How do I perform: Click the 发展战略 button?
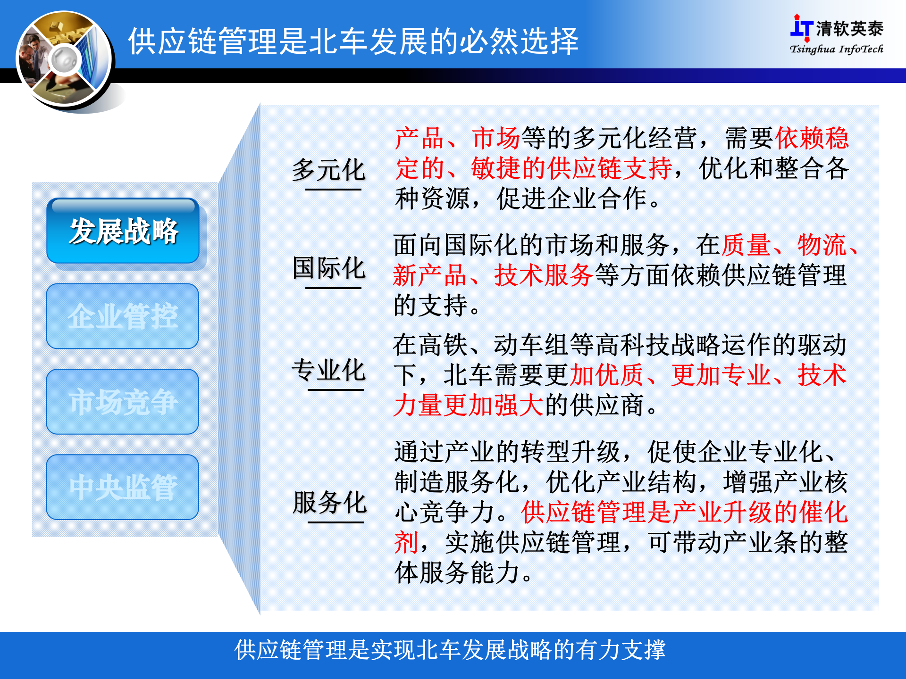[123, 231]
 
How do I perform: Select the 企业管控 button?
[123, 316]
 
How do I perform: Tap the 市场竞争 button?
[123, 402]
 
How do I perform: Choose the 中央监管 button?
[123, 487]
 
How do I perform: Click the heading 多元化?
[329, 170]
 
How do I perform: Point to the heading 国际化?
[329, 268]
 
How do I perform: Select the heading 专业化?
[329, 370]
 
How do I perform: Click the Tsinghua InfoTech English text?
[836, 49]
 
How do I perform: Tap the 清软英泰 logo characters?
[849, 29]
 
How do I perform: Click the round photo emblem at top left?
[64, 60]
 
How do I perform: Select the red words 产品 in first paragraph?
[419, 138]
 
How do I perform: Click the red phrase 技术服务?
[544, 275]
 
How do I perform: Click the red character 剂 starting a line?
[406, 542]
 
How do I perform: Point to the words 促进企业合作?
[571, 199]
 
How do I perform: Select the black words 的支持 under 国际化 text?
[431, 306]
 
